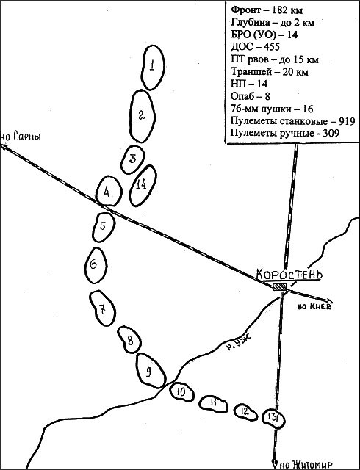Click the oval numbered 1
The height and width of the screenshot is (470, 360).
pyautogui.click(x=141, y=68)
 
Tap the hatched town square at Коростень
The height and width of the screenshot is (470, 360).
pyautogui.click(x=280, y=287)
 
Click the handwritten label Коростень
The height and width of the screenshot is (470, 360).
pyautogui.click(x=289, y=274)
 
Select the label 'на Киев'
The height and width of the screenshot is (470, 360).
pyautogui.click(x=314, y=306)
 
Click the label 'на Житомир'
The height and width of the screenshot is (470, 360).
pyautogui.click(x=305, y=465)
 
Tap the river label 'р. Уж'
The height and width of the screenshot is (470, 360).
pyautogui.click(x=239, y=343)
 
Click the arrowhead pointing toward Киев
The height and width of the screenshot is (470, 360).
pyautogui.click(x=330, y=300)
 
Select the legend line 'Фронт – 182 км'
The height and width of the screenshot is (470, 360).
pyautogui.click(x=267, y=10)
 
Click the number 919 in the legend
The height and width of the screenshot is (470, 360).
pyautogui.click(x=346, y=120)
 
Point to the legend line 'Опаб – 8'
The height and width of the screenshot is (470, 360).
pyautogui.click(x=251, y=96)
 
